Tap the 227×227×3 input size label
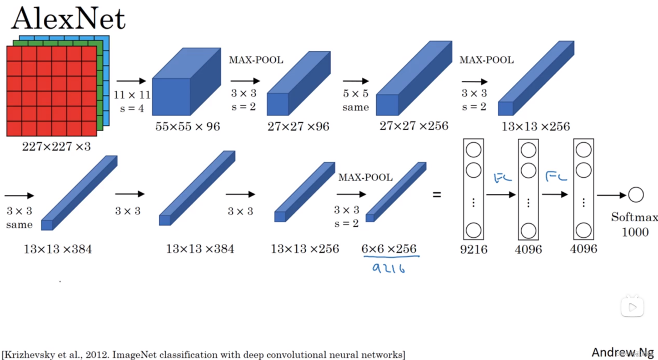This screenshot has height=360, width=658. point(56,147)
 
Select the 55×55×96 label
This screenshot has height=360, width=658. point(188,127)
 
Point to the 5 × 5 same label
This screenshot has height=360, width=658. point(356,101)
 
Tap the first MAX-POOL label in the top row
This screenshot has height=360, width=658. point(256,60)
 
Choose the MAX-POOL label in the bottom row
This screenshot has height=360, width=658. point(365,178)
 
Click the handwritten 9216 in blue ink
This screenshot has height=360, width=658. point(390,268)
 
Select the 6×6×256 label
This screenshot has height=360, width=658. point(389,249)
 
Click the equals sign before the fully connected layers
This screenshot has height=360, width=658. point(437,195)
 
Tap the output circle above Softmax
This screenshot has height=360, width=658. point(636,195)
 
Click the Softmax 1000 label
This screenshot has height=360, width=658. point(634,224)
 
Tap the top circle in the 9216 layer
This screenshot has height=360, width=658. point(473,150)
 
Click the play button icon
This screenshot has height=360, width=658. point(632,307)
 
